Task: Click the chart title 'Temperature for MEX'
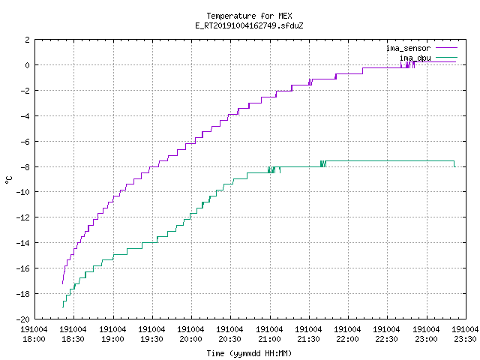(249, 16)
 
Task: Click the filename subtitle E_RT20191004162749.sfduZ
(249, 25)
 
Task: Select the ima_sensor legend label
(408, 48)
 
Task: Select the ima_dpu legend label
(415, 58)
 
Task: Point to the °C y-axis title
(8, 180)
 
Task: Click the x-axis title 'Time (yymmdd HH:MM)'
(249, 353)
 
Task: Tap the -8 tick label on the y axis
(25, 166)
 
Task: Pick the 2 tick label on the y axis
(28, 40)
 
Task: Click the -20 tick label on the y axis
(23, 319)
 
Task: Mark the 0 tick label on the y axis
(28, 65)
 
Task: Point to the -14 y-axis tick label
(23, 243)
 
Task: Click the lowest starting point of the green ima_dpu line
(63, 307)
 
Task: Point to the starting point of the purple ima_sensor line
(62, 283)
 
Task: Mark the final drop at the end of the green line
(454, 164)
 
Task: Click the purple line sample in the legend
(447, 48)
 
